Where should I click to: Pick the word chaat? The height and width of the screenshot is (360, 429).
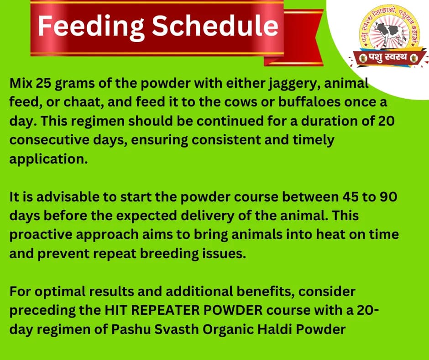[77, 103]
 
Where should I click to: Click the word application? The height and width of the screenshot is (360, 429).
[48, 159]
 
